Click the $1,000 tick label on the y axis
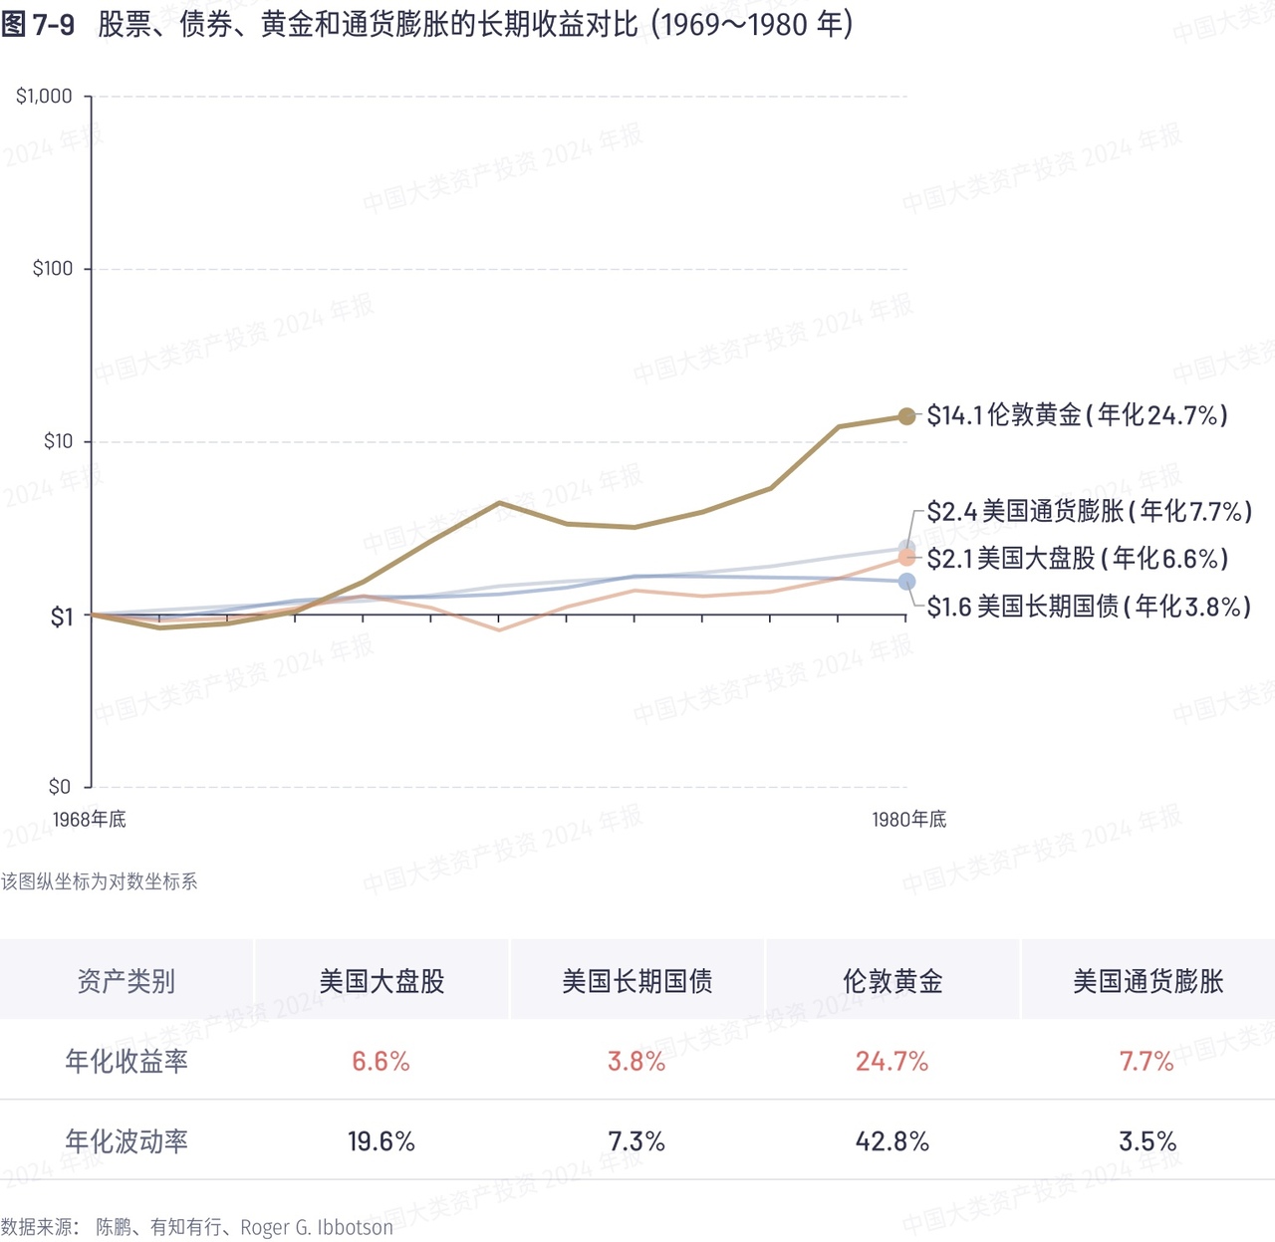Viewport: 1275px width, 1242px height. point(44,97)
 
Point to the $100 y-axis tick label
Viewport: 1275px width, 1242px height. point(52,269)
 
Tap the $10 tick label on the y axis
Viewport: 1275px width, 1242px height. point(58,441)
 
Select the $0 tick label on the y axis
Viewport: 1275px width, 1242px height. point(60,787)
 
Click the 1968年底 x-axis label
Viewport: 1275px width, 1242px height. point(90,820)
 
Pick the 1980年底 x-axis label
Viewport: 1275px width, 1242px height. point(908,820)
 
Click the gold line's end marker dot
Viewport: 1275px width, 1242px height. point(906,416)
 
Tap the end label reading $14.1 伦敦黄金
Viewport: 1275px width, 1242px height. point(1077,415)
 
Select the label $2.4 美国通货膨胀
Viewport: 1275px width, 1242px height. point(1089,512)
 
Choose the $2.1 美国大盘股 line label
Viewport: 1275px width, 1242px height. point(1077,559)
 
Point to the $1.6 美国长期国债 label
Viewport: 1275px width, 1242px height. point(1089,607)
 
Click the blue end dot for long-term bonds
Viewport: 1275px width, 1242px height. point(906,582)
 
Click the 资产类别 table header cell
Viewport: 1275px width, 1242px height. point(127,981)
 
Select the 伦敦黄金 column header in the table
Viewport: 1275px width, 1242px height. point(892,981)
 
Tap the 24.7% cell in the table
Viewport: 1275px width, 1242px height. point(892,1062)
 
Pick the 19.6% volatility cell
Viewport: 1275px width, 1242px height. point(382,1141)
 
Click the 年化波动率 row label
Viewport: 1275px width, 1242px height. point(127,1141)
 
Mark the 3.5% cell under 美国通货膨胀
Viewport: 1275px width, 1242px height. point(1147,1141)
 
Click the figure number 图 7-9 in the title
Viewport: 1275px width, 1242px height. point(38,25)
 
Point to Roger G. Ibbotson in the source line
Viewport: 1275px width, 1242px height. point(317,1227)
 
